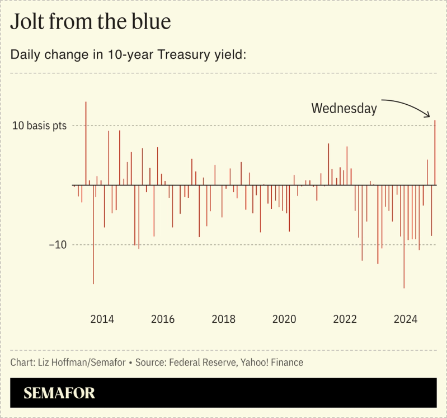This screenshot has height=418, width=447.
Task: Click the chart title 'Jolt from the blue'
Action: tap(90, 22)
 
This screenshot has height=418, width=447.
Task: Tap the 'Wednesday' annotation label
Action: tap(344, 108)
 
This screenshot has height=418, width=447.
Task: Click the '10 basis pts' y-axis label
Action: tap(40, 126)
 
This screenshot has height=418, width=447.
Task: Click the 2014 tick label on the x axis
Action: tap(102, 319)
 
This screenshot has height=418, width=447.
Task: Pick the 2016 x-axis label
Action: tap(163, 319)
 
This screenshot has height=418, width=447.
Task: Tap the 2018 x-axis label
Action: tap(223, 319)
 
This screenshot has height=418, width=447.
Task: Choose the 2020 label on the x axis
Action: tap(284, 319)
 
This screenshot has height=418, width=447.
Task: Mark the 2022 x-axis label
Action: tap(345, 319)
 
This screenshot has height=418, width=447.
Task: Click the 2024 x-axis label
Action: tap(406, 319)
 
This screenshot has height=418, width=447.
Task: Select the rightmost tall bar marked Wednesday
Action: tap(435, 151)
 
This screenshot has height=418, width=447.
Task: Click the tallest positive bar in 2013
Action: tap(86, 143)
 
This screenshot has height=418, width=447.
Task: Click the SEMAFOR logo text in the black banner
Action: tap(59, 393)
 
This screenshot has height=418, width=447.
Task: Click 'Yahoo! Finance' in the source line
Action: tap(272, 363)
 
